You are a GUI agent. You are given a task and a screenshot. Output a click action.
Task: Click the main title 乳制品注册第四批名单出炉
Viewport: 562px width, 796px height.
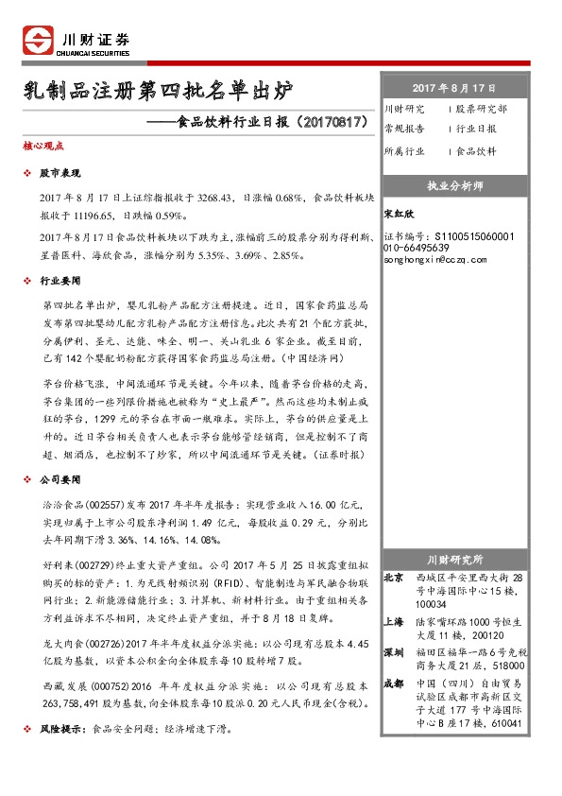coord(159,93)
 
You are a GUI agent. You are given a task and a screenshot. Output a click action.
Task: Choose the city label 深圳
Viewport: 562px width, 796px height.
coord(393,652)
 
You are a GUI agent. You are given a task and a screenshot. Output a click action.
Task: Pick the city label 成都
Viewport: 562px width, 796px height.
coord(393,684)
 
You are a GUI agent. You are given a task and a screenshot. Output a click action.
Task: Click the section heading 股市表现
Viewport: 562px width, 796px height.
coord(65,175)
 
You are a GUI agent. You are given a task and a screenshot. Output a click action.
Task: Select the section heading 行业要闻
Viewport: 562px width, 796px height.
coord(65,282)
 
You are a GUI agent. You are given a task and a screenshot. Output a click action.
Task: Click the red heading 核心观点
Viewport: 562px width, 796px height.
coord(43,147)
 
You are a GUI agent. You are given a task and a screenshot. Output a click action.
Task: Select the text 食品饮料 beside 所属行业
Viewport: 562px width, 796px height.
coord(476,151)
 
